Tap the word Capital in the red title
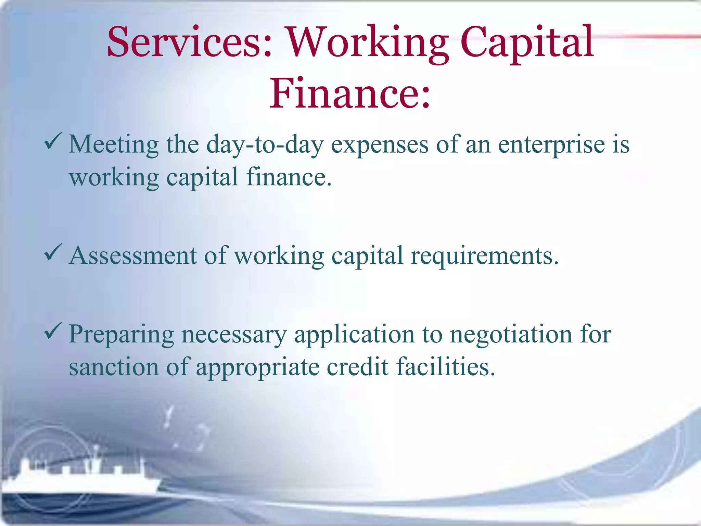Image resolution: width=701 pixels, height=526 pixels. point(527,43)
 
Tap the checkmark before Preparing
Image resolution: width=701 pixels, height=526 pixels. point(53,331)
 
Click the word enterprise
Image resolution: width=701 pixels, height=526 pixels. point(551,145)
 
